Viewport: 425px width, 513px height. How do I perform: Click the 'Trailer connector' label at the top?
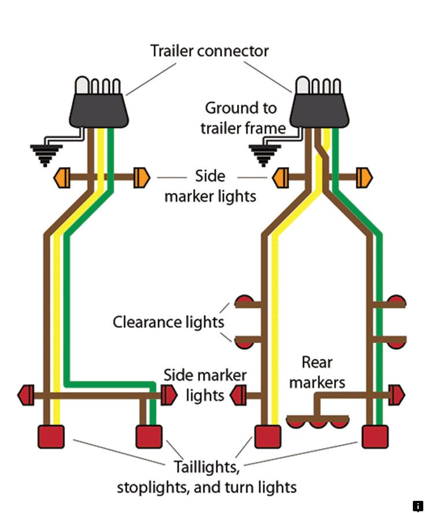click(209, 51)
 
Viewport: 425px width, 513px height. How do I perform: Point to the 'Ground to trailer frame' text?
click(243, 117)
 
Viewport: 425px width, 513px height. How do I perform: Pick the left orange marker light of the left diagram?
click(62, 178)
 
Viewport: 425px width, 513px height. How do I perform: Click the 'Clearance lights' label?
click(168, 322)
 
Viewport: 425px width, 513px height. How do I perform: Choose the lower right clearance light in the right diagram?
click(397, 343)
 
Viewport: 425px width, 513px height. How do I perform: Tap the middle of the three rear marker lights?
click(317, 423)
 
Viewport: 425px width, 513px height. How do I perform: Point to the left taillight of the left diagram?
click(51, 437)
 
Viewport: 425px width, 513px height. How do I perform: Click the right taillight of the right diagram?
click(374, 437)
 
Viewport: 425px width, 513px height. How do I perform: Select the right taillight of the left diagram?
click(149, 437)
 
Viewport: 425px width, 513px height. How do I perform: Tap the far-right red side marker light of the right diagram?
click(397, 396)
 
